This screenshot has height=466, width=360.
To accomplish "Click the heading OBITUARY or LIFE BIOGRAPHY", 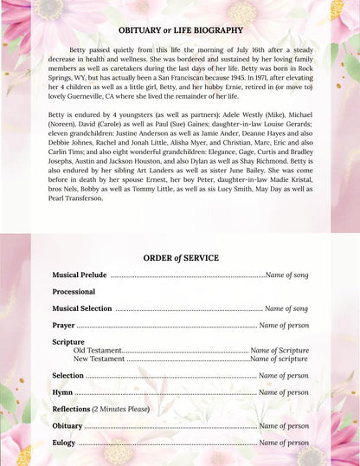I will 180,29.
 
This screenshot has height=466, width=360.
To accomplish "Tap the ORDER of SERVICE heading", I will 180,257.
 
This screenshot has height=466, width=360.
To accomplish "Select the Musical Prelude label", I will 79,275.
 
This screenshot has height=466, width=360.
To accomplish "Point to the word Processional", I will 74,292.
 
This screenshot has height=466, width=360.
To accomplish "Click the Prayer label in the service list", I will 63,325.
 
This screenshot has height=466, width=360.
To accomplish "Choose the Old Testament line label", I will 98,350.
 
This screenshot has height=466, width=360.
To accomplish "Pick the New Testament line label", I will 99,358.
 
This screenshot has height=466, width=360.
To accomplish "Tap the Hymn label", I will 62,392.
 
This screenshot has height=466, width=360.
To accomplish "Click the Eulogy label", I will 64,443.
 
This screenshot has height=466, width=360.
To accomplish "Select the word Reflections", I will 71,409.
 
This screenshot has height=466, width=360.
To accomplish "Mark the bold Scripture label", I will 68,342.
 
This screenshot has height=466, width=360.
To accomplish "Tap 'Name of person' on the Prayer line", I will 284,325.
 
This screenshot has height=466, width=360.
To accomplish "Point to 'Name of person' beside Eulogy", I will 284,443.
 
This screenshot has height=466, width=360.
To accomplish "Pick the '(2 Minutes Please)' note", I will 121,409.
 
